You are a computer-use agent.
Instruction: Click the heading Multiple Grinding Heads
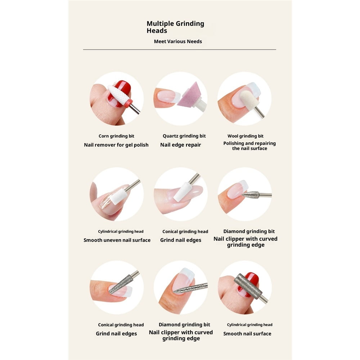tap(175, 27)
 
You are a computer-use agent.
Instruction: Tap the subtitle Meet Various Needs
tap(178, 41)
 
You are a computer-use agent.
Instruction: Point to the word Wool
tap(233, 136)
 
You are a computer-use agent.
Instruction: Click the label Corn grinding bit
tap(116, 136)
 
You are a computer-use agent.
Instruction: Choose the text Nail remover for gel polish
tap(116, 145)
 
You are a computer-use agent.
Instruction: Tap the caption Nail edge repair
tap(181, 145)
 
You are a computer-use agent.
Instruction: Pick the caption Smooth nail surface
tap(247, 334)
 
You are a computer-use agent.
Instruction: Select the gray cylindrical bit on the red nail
tap(248, 286)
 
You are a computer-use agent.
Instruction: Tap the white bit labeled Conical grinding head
tap(181, 192)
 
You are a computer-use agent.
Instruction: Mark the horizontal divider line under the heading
tap(180, 49)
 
